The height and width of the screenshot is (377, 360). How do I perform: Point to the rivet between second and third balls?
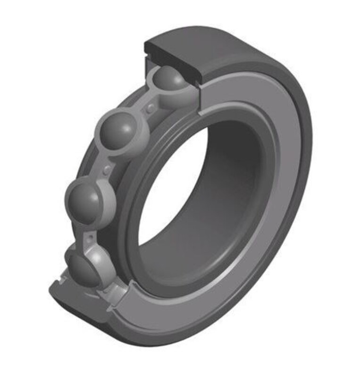(x=108, y=168)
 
